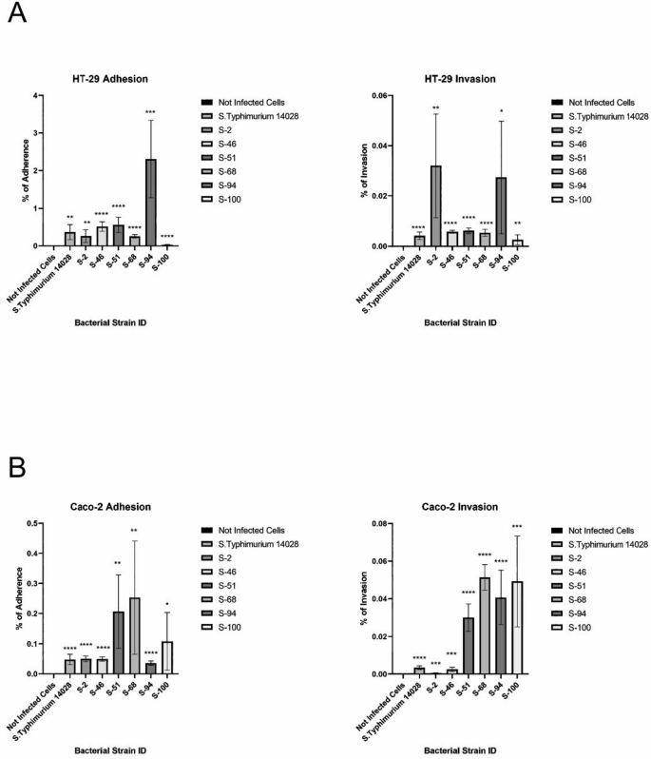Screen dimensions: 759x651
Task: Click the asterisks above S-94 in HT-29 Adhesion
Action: [x=150, y=112]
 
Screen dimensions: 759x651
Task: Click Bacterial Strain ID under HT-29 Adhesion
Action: [x=117, y=322]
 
